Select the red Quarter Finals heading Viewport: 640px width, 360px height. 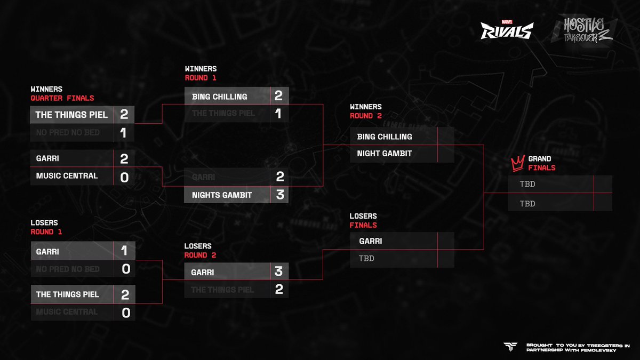coord(62,98)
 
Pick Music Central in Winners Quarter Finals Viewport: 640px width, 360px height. coord(67,176)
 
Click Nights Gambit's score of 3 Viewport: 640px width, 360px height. coord(280,195)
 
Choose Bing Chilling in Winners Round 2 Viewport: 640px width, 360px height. coord(384,137)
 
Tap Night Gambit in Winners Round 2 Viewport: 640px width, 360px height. coord(384,154)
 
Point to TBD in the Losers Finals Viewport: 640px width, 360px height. coord(366,259)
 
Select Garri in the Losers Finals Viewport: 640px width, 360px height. coord(370,241)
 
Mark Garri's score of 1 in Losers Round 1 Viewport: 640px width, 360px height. coord(124,251)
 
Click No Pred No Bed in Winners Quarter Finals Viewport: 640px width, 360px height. coord(68,132)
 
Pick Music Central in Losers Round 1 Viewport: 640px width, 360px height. coord(67,311)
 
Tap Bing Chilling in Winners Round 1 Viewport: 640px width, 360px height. coord(219,97)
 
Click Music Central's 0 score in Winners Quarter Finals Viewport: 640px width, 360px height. coord(124,177)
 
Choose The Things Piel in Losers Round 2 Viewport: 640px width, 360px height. coord(223,290)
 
